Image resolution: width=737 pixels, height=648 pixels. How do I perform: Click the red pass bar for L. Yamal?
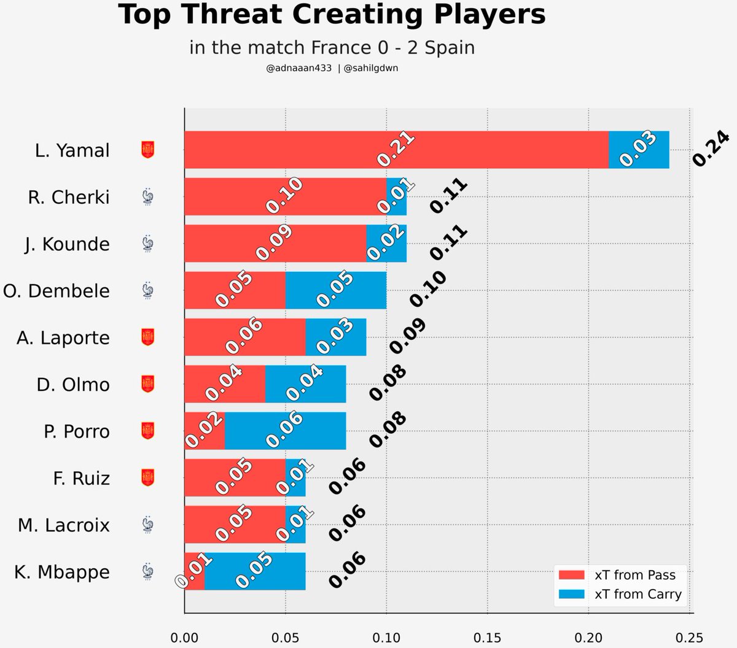pos(397,149)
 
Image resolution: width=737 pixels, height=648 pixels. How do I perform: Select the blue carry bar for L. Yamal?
pos(639,149)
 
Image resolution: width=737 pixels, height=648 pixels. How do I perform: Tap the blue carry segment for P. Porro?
pos(286,431)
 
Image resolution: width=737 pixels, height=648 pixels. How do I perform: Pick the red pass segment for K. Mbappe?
pos(195,571)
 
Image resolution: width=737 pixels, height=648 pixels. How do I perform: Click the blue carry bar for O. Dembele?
pos(336,290)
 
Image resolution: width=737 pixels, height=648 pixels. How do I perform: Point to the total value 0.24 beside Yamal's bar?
pos(711,148)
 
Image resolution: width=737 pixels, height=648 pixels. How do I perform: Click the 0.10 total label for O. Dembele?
pos(428,288)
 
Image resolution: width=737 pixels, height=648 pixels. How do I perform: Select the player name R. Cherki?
pos(69,198)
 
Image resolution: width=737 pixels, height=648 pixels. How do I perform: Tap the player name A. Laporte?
pos(63,338)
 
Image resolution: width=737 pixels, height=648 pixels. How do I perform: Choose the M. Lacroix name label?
pos(64,525)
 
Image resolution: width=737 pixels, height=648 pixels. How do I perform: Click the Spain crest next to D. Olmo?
pos(147,384)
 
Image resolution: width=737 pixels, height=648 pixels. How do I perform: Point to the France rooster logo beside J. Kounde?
pos(147,244)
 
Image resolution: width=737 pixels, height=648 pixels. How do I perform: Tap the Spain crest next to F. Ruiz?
pos(147,477)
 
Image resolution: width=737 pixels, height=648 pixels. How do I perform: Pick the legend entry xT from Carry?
pos(638,594)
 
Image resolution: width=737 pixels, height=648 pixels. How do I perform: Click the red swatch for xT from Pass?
pos(572,575)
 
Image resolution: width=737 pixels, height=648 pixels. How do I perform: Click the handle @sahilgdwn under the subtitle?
pos(371,68)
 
